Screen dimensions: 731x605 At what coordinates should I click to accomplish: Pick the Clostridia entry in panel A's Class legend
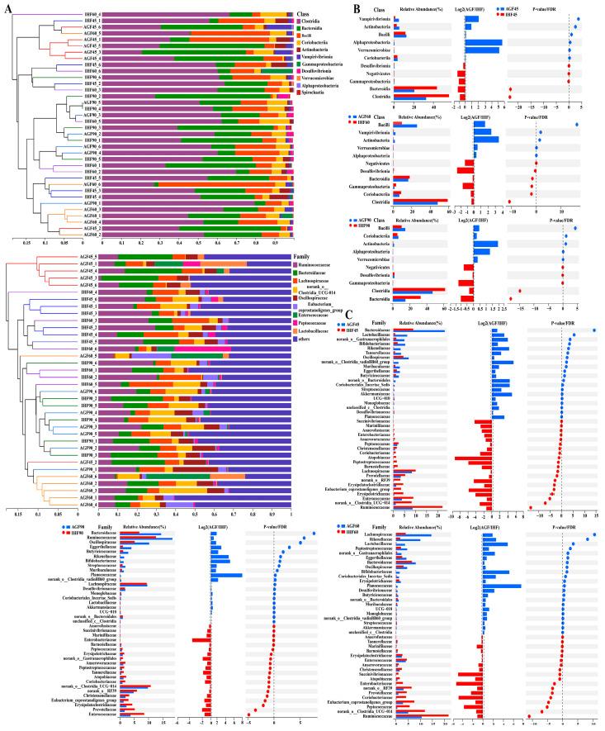point(312,21)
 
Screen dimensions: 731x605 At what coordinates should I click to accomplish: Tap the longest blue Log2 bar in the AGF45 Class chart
point(484,42)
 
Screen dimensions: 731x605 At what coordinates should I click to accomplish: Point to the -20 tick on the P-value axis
point(519,107)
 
